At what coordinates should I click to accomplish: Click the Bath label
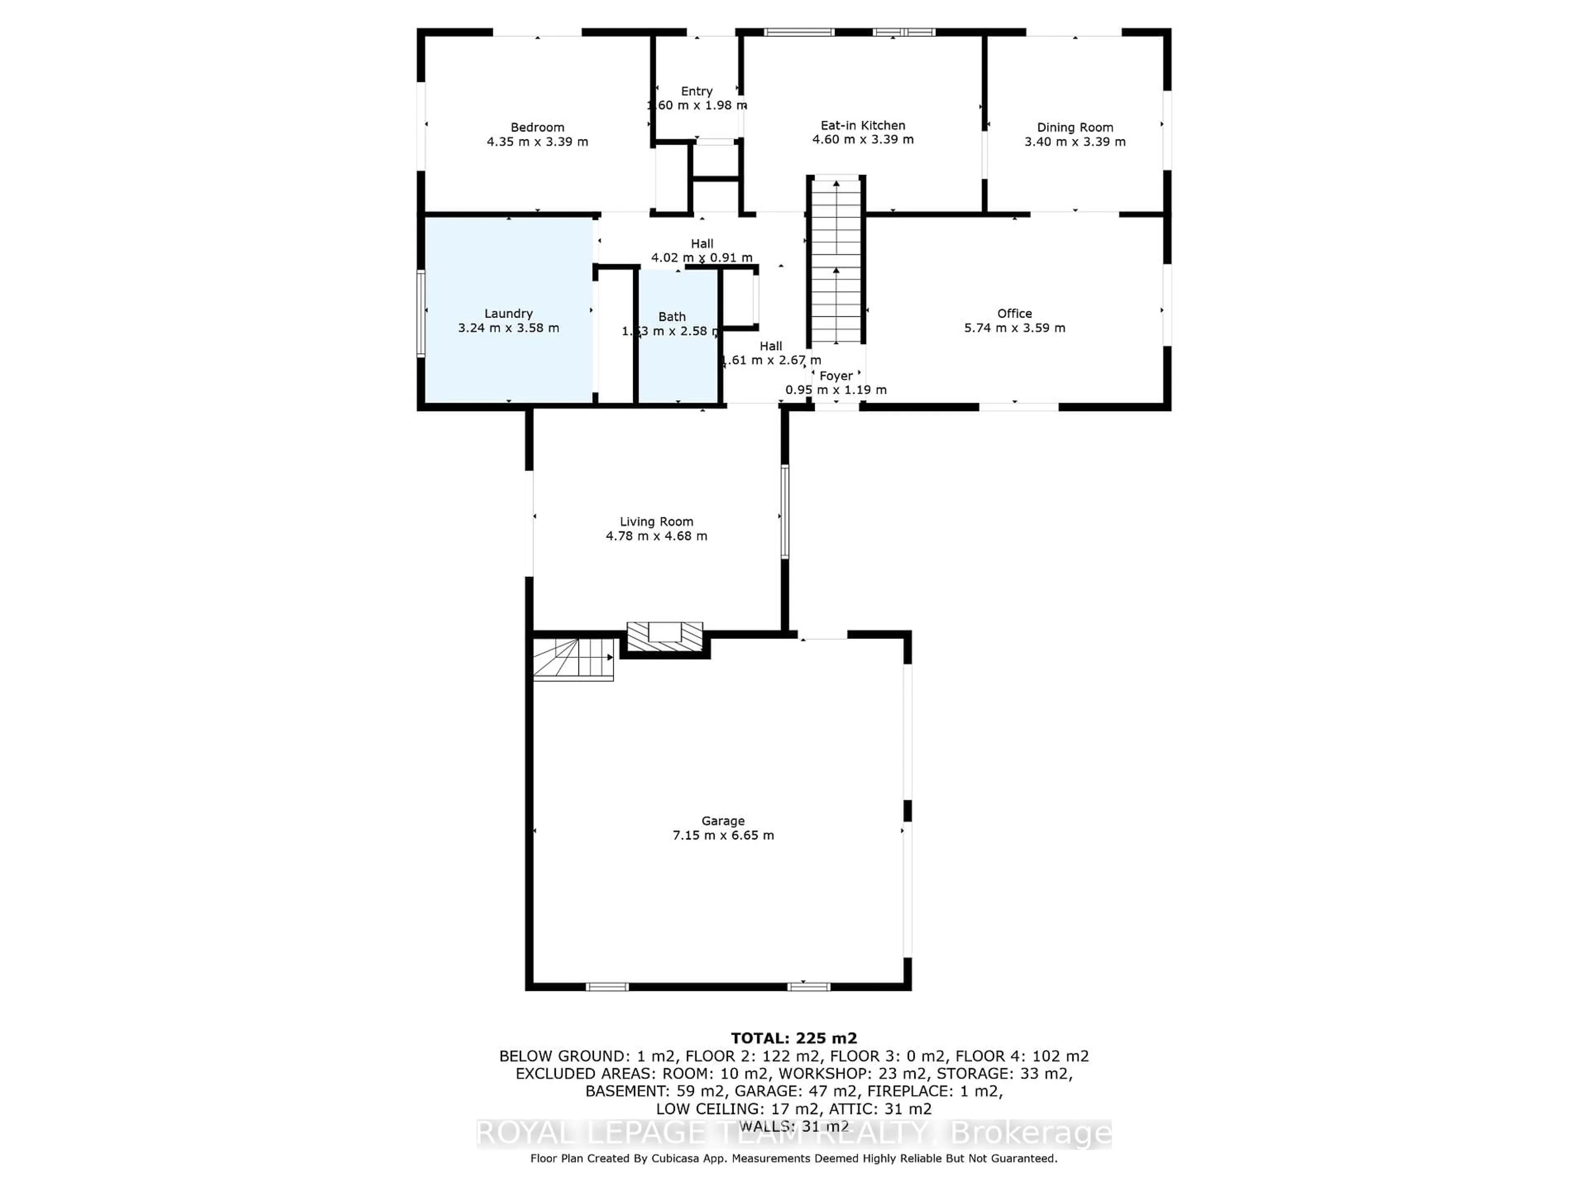click(672, 317)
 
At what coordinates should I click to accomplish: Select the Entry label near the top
click(696, 91)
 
